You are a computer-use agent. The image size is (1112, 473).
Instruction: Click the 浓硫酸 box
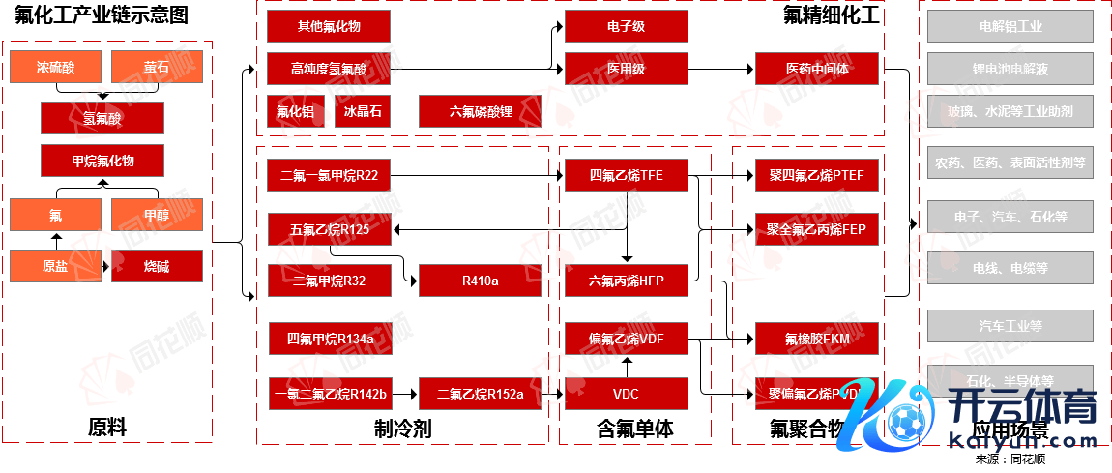(55, 68)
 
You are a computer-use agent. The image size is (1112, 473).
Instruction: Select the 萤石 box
(157, 68)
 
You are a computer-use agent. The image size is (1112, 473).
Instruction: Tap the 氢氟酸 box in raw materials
(102, 118)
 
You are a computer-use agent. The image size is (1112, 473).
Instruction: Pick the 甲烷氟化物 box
(102, 161)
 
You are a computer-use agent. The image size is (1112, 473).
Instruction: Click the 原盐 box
(55, 266)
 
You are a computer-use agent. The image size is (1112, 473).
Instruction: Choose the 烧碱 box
(157, 266)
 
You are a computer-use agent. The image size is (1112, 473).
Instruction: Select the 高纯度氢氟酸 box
(329, 69)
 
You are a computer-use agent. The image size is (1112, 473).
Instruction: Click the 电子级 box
(626, 27)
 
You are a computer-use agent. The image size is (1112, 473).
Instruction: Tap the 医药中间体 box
(817, 69)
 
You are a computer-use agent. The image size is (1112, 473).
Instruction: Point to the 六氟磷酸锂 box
(480, 111)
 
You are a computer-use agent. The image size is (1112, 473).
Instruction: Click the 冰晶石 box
(363, 111)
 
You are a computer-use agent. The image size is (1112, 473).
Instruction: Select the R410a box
(480, 281)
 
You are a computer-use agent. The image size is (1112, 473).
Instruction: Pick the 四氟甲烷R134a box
(329, 339)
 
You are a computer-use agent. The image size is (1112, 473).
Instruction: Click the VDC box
(626, 394)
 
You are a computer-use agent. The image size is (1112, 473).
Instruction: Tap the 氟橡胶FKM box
(817, 339)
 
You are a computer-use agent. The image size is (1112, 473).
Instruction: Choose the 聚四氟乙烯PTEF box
(817, 175)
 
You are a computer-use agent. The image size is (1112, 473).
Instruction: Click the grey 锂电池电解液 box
(1010, 69)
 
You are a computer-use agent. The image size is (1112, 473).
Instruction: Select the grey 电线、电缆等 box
(1010, 268)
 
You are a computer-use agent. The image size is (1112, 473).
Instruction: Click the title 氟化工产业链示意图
(102, 15)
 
